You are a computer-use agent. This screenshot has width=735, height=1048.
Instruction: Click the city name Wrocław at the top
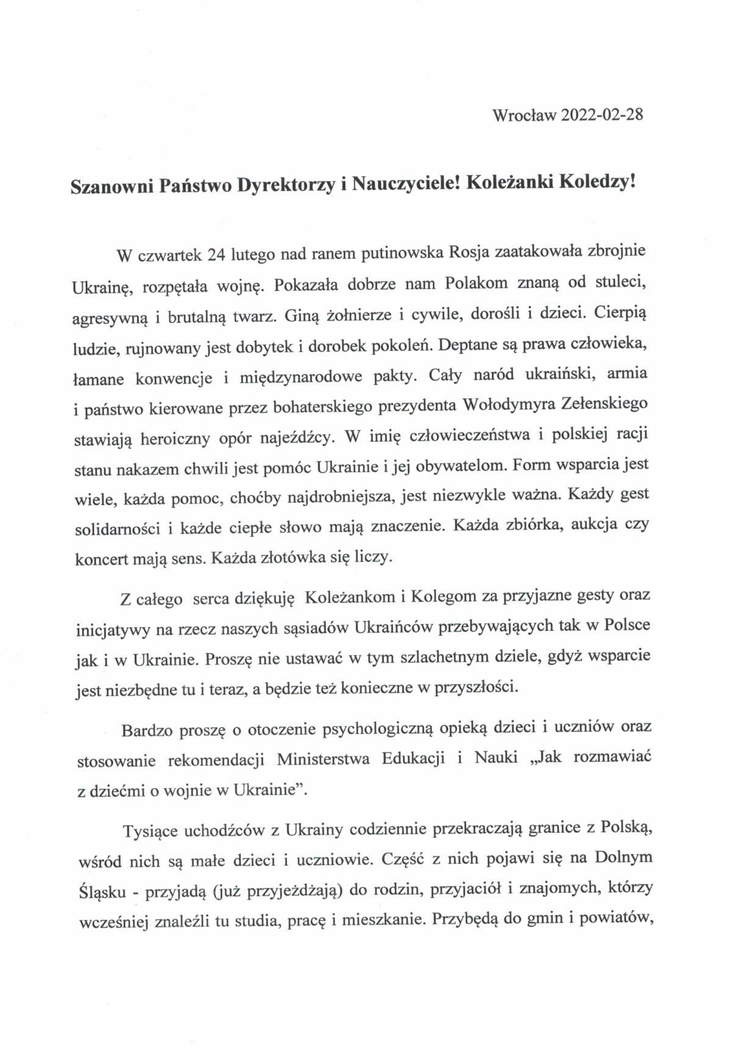coord(524,115)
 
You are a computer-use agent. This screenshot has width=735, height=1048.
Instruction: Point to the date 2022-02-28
coord(602,114)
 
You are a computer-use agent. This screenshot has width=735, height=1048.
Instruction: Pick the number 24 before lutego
coord(216,254)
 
